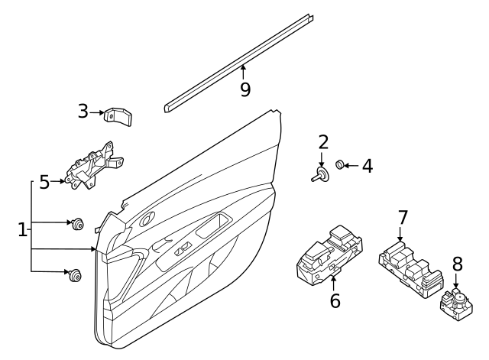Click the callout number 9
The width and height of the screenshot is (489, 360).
click(x=244, y=89)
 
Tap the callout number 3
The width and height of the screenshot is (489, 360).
click(x=83, y=112)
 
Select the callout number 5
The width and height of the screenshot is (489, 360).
click(x=44, y=182)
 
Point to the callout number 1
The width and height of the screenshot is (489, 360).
click(x=23, y=228)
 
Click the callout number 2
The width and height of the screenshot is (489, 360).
click(x=323, y=141)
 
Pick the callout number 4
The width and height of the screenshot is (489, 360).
click(x=367, y=165)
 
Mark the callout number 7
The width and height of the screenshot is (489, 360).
click(x=403, y=218)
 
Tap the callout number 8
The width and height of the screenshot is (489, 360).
click(x=457, y=264)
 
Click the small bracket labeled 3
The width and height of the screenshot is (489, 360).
click(x=118, y=116)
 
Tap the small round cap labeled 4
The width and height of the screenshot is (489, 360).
click(x=342, y=164)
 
